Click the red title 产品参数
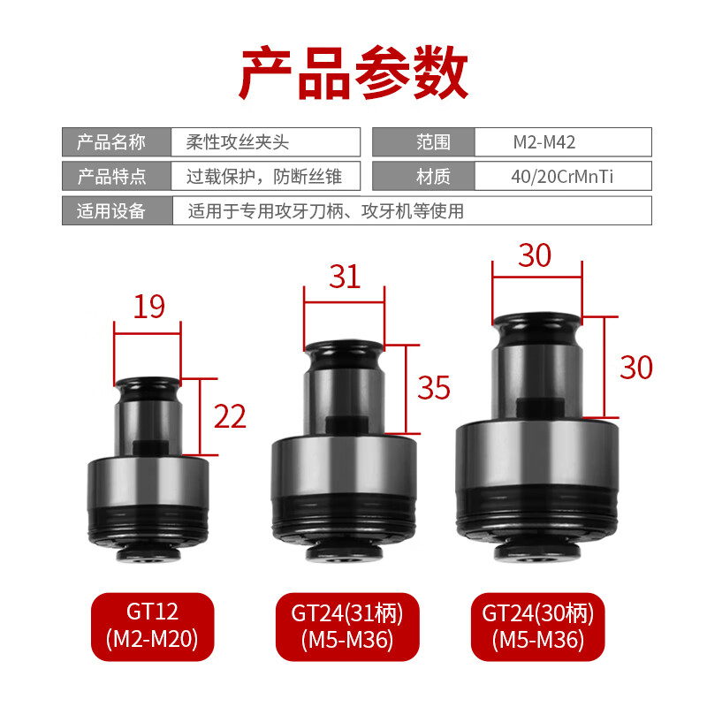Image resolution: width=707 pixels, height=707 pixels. [x=353, y=73]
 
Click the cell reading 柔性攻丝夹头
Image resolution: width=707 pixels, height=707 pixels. [x=265, y=141]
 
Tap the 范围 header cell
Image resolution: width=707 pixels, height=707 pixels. [x=424, y=141]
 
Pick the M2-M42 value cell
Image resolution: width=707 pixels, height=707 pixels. [x=563, y=141]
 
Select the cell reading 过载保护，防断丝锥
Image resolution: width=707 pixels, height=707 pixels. [x=265, y=176]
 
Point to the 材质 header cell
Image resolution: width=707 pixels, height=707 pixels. [x=424, y=176]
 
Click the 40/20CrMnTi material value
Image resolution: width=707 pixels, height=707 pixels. [x=563, y=176]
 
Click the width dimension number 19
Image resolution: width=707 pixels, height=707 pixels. [x=149, y=307]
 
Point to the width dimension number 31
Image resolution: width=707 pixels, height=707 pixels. [x=345, y=277]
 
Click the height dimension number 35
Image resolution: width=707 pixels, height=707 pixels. [x=434, y=387]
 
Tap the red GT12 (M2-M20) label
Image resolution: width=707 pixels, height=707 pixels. [x=153, y=626]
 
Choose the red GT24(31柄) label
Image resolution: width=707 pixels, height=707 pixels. [x=342, y=626]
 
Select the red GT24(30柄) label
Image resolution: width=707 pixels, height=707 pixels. [x=538, y=626]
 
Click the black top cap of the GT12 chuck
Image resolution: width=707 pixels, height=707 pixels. [x=148, y=386]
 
